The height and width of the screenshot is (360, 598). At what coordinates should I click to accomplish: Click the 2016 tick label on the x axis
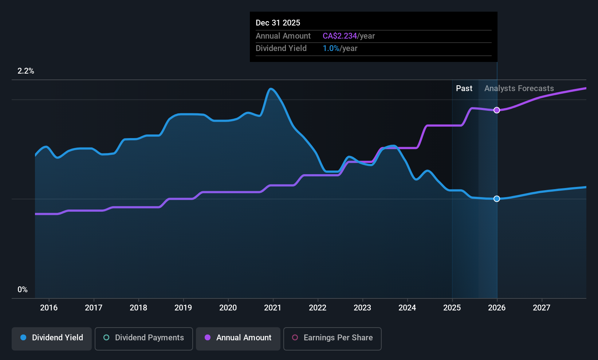pos(49,308)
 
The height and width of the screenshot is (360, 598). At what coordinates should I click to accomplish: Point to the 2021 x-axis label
pos(273,308)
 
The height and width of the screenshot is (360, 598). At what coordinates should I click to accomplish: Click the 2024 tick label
pos(407,308)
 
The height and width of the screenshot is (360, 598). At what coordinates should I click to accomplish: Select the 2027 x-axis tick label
pos(542,308)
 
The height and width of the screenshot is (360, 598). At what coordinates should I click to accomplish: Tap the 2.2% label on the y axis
pos(26,71)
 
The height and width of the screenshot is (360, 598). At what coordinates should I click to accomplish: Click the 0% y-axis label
pos(23,290)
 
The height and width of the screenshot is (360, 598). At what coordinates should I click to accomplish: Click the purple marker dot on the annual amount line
pos(497,110)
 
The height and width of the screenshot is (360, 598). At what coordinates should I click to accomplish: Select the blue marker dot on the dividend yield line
pos(497,199)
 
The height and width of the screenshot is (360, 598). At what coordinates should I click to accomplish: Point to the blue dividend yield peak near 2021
pos(271,89)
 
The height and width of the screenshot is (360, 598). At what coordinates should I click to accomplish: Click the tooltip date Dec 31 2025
pos(278,23)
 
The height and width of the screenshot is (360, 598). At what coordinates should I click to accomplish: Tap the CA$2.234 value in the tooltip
pos(339,36)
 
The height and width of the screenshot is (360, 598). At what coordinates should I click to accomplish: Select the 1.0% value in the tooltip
pos(331,48)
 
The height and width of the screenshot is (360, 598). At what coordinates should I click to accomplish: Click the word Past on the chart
pos(464,89)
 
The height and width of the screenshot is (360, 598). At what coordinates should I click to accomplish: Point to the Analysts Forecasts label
pos(519,89)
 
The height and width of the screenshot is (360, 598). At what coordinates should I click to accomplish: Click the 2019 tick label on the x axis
pos(183,308)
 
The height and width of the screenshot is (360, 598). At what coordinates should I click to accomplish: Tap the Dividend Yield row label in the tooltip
pos(281,48)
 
